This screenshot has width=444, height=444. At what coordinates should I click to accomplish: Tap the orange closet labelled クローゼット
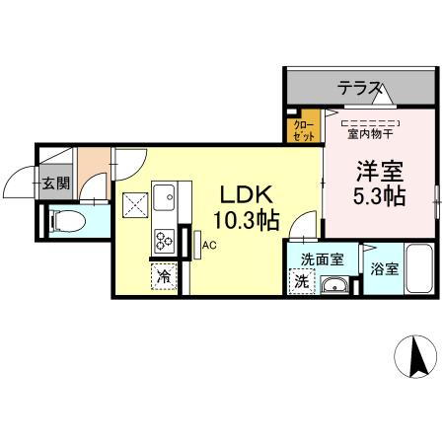301,130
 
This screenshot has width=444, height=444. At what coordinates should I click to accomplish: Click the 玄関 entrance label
55,183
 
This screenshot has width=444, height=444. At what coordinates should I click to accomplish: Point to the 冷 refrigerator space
163,278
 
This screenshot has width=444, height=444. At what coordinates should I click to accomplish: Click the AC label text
210,246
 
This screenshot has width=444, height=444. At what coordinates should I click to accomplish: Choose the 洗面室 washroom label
322,260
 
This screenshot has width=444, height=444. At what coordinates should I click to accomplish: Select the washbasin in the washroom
336,287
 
